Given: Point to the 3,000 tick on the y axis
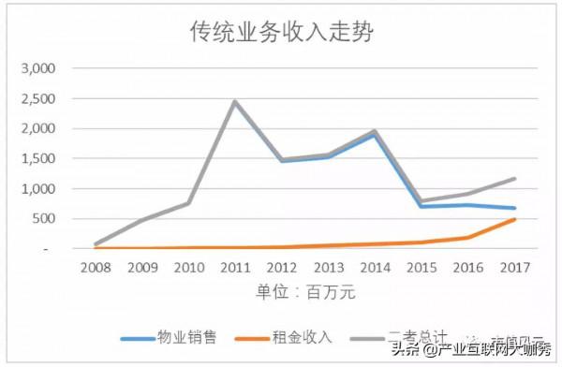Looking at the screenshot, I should (x=38, y=68).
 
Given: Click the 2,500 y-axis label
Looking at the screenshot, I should (x=38, y=98).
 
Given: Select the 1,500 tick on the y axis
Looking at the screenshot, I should (x=38, y=158).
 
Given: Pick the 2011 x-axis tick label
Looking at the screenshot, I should (x=234, y=268).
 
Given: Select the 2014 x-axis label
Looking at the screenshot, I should (x=374, y=268).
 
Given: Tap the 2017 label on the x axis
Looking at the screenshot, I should (x=515, y=268).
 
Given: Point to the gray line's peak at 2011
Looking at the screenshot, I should (x=234, y=101).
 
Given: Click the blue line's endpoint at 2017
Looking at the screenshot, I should (x=515, y=208).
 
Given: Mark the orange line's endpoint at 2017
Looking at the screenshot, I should (x=515, y=220).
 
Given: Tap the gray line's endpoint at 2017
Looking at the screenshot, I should (x=515, y=179).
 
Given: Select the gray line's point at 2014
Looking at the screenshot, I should (x=374, y=131).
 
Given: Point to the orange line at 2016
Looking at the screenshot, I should (x=468, y=238).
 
